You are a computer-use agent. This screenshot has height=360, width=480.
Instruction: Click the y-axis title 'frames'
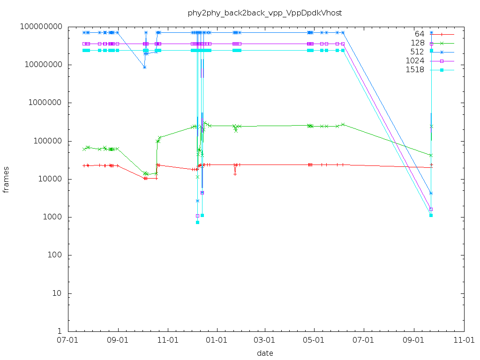pos(6,179)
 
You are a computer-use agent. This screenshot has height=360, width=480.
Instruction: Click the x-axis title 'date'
pos(265,353)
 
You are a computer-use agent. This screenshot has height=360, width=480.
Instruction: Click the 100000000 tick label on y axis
pos(42,27)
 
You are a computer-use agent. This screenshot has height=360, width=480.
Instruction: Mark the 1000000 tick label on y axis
pos(46,103)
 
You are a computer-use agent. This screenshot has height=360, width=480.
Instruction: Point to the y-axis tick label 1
pos(61,331)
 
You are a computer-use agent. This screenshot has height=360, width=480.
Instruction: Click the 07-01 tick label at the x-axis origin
pos(68,340)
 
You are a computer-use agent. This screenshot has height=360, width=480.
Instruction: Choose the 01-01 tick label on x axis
pos(216,340)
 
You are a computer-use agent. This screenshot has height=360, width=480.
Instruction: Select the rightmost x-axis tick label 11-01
pos(464,340)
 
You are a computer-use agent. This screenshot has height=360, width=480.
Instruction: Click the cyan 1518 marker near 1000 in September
pos(431,215)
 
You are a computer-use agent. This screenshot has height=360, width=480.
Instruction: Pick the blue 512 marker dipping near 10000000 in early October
pos(145,67)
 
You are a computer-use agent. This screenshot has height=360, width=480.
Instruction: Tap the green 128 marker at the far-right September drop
pos(431,155)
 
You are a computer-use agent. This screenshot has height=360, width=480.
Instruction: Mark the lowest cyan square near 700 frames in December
pos(197,222)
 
